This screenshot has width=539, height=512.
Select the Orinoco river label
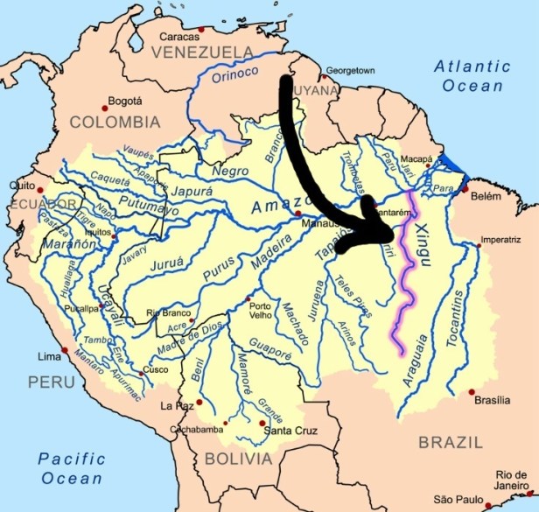tap(214, 77)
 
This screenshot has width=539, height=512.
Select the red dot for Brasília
tap(472, 391)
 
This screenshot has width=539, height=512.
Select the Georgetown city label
tap(350, 70)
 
